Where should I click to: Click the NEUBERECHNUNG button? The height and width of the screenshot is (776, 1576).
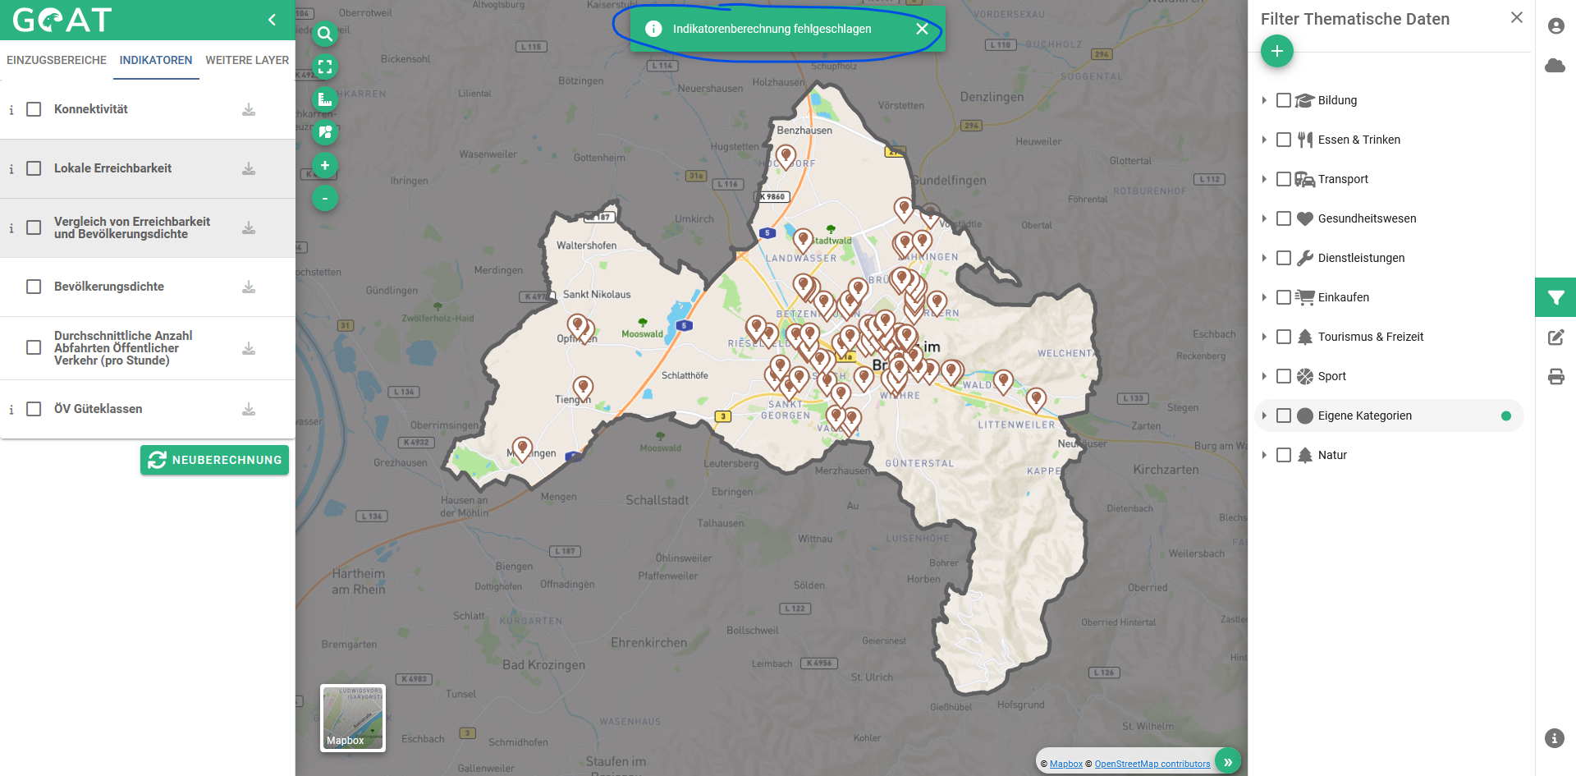click(214, 460)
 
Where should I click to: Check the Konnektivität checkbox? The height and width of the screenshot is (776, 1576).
click(34, 109)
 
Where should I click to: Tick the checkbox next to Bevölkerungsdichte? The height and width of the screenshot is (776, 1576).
click(34, 287)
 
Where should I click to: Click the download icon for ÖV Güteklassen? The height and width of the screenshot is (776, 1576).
click(249, 409)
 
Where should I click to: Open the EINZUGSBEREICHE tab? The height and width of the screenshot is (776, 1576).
click(57, 60)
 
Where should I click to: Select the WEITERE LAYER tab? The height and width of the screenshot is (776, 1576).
click(247, 60)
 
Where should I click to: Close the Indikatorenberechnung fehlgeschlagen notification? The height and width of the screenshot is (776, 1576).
click(922, 29)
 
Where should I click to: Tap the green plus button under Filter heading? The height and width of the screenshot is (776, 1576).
click(1276, 51)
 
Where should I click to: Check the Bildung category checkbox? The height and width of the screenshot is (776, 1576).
click(1284, 100)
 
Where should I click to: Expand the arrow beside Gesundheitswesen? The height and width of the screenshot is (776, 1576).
click(1264, 218)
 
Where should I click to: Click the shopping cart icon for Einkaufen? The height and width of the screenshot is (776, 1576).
click(1304, 297)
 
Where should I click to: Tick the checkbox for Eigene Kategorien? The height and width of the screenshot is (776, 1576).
click(1284, 416)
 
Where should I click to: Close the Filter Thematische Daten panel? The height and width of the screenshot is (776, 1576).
click(1516, 17)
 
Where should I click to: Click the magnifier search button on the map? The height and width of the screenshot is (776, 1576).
click(325, 34)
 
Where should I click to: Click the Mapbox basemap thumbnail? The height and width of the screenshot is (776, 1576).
click(353, 718)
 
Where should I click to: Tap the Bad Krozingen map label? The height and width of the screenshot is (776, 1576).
click(543, 665)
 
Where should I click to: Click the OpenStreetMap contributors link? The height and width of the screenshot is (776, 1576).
click(1152, 764)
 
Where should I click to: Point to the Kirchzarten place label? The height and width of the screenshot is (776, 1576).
click(1166, 470)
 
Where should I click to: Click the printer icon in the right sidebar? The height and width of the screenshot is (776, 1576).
click(1555, 377)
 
